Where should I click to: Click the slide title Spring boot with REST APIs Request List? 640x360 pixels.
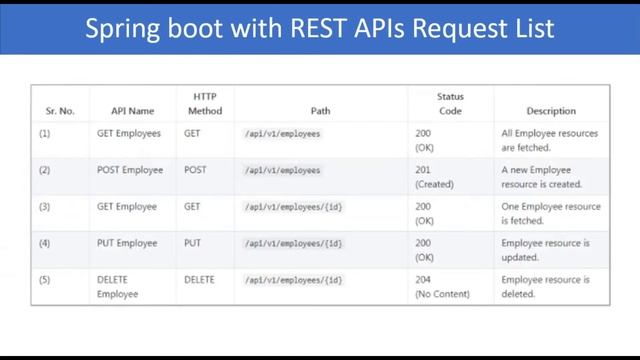coord(319,27)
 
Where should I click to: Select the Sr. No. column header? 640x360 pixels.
coord(60,111)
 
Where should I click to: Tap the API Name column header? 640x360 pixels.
coord(132,111)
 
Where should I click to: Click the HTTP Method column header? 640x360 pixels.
coord(204,104)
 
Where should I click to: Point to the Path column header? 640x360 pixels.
coord(320,111)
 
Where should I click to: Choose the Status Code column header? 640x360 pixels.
coord(450,104)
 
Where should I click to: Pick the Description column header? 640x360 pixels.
coord(550,111)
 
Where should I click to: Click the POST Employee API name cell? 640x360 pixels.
coord(130,170)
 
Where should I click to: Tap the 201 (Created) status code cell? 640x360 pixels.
coord(434,177)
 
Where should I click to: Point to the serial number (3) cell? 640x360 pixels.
coord(45,207)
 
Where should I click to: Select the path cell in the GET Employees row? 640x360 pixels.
coord(283,133)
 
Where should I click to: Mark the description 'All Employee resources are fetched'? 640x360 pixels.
coord(549,140)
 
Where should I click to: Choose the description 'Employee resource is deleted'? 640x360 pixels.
coord(545,287)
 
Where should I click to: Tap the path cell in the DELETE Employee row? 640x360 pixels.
coord(294,280)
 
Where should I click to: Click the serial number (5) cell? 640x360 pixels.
coord(45,280)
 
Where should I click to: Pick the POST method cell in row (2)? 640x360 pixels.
coord(196,170)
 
